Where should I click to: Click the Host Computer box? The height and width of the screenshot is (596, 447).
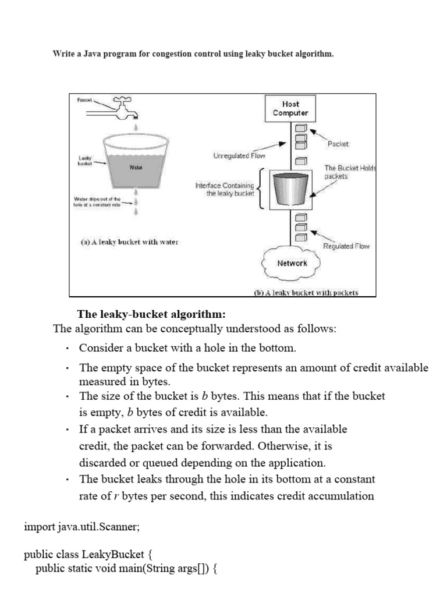click(291, 108)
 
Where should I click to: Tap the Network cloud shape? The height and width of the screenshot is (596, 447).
click(292, 263)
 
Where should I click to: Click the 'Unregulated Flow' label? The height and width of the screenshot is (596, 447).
click(239, 156)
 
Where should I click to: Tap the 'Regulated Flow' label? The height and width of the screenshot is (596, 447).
click(346, 246)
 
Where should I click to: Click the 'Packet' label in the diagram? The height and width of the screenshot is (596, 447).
click(338, 143)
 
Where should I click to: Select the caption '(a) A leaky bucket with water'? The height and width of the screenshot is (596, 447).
click(129, 242)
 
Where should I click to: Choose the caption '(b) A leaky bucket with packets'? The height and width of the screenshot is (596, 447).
click(306, 293)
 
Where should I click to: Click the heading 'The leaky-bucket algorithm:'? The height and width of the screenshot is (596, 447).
click(151, 315)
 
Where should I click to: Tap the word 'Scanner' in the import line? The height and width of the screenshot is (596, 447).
click(119, 527)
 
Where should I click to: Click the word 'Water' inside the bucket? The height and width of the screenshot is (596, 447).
click(134, 167)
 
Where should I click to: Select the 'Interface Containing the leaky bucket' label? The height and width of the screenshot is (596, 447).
click(225, 189)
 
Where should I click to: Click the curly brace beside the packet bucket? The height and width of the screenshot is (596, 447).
click(262, 188)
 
